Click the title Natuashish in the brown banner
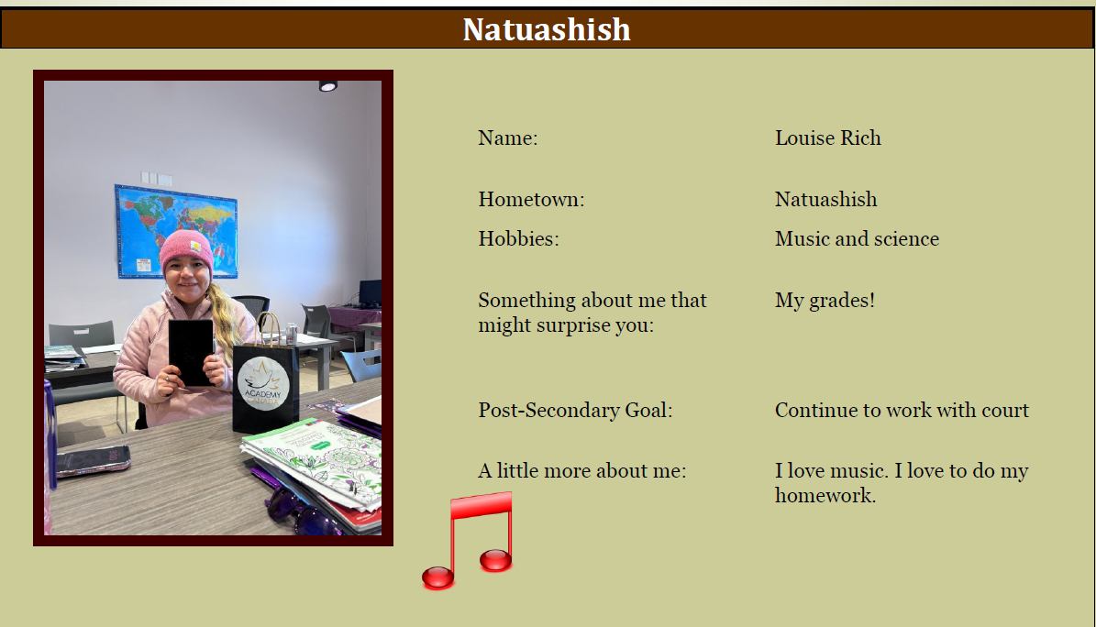547,29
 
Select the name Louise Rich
827,137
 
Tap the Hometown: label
531,199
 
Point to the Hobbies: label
518,238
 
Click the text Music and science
857,238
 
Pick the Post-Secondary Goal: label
575,410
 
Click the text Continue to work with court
902,410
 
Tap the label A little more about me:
582,470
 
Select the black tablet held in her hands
192,352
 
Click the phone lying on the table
94,461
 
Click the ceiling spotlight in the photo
327,86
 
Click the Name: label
508,137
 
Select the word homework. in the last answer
825,495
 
